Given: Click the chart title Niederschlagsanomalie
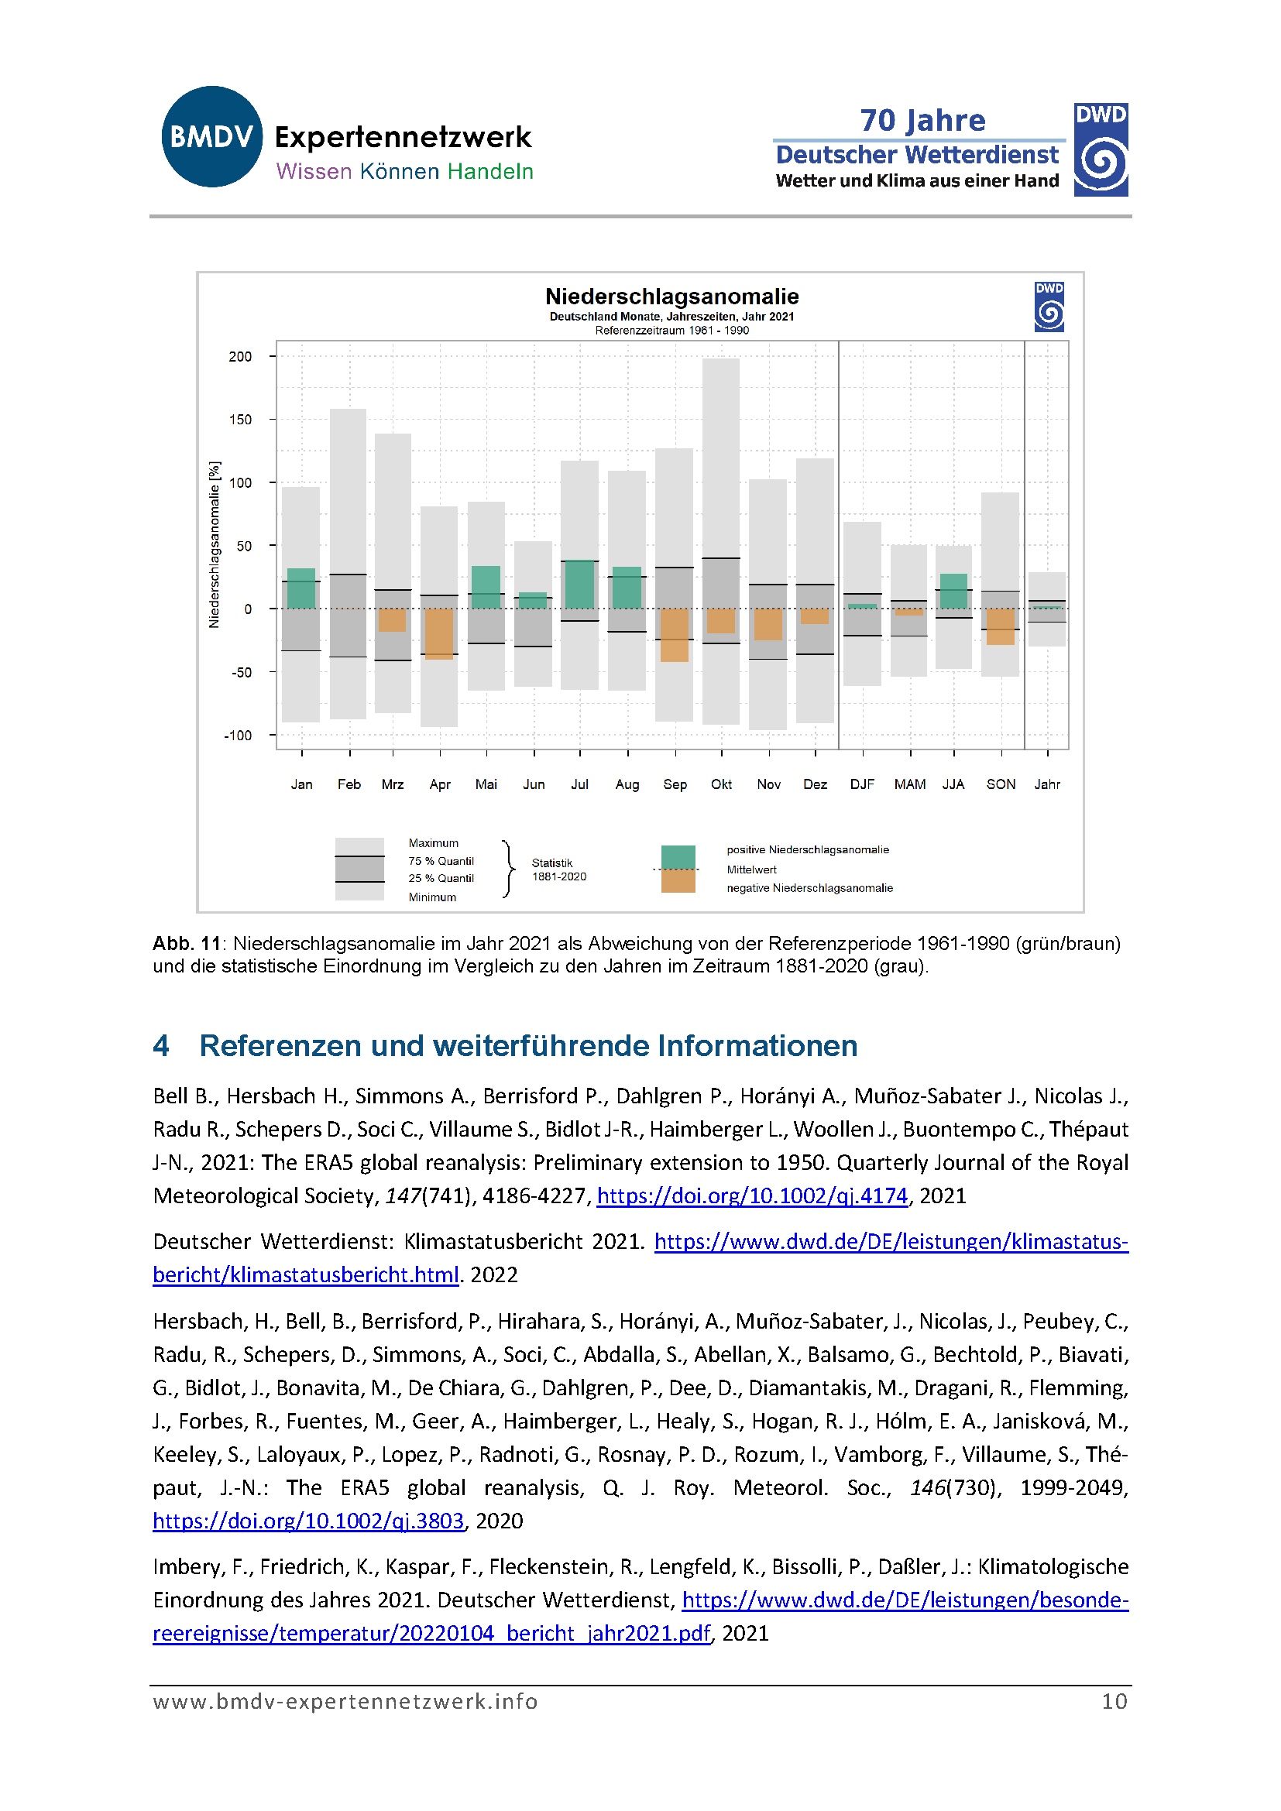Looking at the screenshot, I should click(x=671, y=297).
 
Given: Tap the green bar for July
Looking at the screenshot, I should click(x=580, y=584).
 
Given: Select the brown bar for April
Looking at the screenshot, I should click(x=439, y=633).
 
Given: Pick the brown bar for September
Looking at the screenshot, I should click(x=675, y=634).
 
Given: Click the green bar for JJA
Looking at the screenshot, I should click(x=953, y=591).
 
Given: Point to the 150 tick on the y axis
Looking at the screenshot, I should click(x=241, y=420).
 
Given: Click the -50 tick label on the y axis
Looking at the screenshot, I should click(x=242, y=673).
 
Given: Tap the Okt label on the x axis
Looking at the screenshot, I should click(x=721, y=784).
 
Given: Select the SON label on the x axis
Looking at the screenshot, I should click(x=1000, y=784).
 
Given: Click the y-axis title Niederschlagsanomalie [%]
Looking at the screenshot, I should click(x=214, y=545).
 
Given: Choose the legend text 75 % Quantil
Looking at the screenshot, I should click(x=441, y=861).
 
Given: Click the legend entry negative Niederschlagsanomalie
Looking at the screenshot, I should click(x=809, y=888).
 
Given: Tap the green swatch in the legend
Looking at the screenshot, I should click(x=678, y=856).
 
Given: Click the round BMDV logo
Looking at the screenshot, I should click(x=211, y=137).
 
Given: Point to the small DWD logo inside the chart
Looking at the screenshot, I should click(x=1049, y=307).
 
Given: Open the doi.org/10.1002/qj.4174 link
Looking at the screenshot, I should click(x=752, y=1195).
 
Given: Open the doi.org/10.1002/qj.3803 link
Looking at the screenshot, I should click(x=308, y=1521).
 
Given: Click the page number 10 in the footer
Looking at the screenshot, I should click(x=1114, y=1701).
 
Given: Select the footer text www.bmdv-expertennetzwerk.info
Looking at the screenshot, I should click(x=345, y=1701).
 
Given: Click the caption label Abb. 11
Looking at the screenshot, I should click(x=187, y=943).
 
